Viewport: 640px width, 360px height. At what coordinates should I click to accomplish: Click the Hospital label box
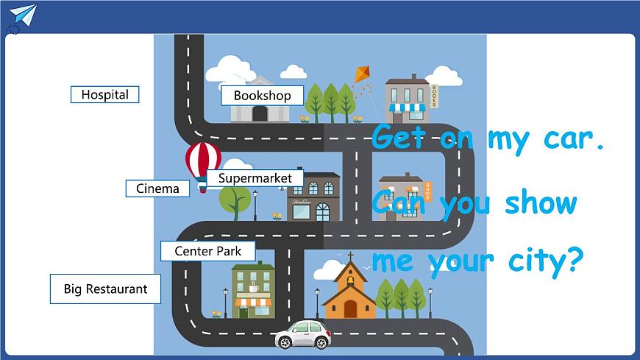(x=105, y=94)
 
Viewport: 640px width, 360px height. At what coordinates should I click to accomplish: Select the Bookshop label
(x=262, y=96)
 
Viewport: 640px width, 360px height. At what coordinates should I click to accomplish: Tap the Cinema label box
(x=157, y=188)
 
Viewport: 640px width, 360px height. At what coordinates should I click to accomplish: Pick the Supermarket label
(x=255, y=178)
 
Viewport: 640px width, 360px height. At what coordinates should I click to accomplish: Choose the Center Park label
(x=207, y=251)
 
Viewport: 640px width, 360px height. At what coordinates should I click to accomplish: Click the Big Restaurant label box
(x=105, y=289)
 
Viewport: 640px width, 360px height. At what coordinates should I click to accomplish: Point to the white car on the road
(x=303, y=333)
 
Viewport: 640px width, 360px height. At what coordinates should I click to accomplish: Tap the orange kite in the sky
(x=363, y=74)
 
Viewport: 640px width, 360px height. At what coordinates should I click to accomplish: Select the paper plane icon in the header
(x=24, y=15)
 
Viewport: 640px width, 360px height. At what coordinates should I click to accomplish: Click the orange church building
(x=349, y=290)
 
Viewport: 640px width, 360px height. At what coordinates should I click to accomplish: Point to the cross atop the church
(x=350, y=257)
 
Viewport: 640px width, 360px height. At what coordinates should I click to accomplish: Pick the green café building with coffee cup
(x=253, y=290)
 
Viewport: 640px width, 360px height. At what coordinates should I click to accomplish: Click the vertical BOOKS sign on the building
(x=434, y=96)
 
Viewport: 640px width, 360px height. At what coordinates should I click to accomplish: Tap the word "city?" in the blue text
(x=545, y=261)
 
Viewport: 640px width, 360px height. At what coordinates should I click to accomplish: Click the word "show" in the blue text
(x=541, y=202)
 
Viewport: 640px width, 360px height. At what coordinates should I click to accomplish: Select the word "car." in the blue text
(x=574, y=140)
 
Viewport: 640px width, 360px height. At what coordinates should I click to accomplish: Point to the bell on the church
(x=350, y=280)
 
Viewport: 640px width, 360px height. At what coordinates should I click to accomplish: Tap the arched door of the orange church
(x=350, y=309)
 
